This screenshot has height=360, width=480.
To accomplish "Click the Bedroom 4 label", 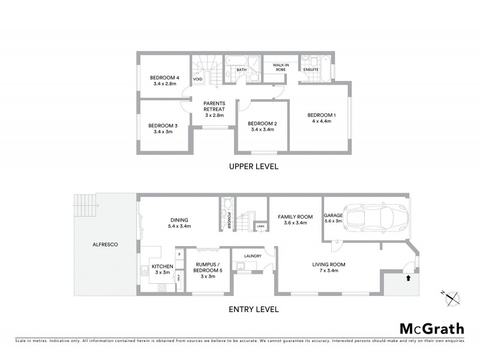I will pos(164,78).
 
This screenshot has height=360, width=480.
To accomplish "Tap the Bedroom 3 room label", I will pos(163,125).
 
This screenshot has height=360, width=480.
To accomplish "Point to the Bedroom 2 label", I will pos(261,124).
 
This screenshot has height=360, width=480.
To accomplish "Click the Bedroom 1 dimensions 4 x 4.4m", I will pos(322,121).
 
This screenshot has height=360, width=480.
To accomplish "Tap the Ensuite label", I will pos(310,69).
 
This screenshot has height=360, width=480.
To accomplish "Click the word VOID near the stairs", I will pos(197,79).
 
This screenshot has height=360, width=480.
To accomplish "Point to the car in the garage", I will pos(377,218).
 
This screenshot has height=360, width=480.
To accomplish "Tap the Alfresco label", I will pos(104,245).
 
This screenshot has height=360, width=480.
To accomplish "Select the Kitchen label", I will pos(162,266).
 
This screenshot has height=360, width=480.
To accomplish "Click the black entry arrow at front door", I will pos(409,278).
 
